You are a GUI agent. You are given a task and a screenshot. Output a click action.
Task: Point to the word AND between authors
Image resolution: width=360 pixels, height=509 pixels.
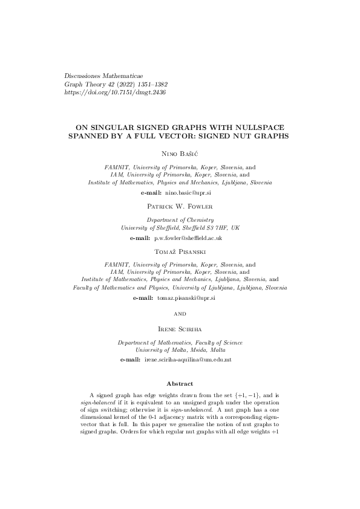point(180,314)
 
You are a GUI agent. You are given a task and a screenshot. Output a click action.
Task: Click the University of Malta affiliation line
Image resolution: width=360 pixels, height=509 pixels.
point(180,350)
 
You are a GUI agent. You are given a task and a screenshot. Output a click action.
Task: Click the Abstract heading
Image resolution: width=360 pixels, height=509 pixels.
point(180,384)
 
